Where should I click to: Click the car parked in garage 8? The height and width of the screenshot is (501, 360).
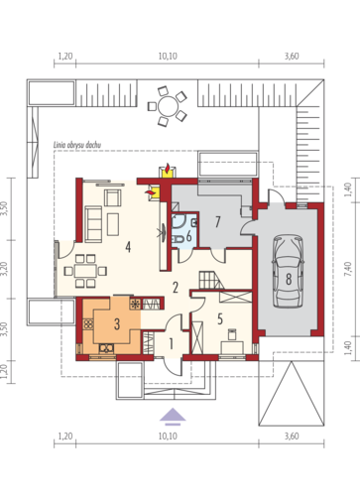tap(289, 271)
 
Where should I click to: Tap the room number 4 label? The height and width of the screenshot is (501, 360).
tap(128, 247)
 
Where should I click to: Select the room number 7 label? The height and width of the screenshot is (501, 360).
tap(217, 222)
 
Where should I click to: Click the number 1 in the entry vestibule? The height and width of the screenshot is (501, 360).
tap(171, 344)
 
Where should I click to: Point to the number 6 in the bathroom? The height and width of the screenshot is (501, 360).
tap(188, 236)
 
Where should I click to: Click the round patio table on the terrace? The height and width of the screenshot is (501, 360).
tap(168, 106)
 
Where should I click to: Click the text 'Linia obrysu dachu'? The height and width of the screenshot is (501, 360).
tap(77, 145)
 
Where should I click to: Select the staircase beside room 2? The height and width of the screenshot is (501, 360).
tap(211, 280)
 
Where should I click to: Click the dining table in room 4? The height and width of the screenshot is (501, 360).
tap(85, 271)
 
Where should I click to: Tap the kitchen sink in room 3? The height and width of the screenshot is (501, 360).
tap(106, 348)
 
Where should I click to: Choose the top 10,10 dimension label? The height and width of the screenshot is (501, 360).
tap(168, 57)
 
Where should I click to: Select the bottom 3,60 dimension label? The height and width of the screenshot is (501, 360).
tap(292, 437)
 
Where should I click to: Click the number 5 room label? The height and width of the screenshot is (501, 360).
tap(220, 318)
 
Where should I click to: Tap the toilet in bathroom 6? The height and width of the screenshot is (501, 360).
tap(178, 239)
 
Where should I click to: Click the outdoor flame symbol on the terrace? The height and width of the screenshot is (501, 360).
tap(168, 168)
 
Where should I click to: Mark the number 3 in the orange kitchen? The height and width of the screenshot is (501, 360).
tap(117, 324)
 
